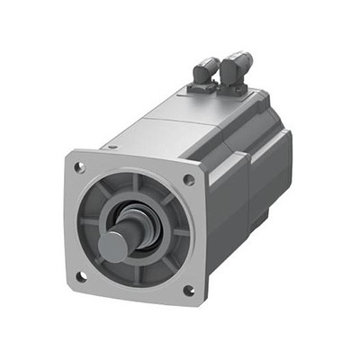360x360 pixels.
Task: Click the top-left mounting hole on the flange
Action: coord(79,167)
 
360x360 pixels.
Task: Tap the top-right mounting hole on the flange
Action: coord(188,180)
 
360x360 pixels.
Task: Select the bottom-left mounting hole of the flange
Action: coord(80,276)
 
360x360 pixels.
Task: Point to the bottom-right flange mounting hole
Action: coord(188,290)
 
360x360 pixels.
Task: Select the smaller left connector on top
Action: coord(204,72)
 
